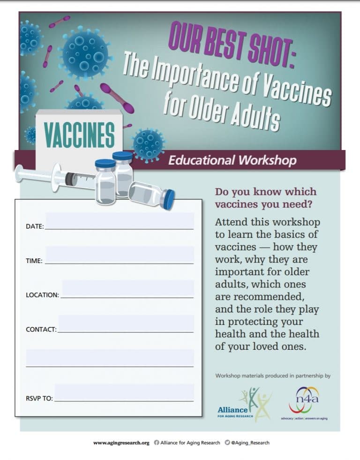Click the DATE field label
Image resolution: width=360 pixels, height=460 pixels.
[x=35, y=226]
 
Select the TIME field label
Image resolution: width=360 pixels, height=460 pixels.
[x=34, y=261]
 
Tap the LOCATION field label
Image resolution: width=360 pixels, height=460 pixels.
[x=42, y=295]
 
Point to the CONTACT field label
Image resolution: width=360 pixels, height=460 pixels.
[x=41, y=330]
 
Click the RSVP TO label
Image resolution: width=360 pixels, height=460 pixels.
[x=39, y=399]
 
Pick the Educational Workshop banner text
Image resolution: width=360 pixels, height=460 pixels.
[x=232, y=160]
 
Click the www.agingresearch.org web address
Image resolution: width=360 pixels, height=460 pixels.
[x=121, y=442]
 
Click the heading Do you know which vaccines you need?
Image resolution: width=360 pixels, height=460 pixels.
[x=265, y=198]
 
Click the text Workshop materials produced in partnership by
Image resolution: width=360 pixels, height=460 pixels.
[x=273, y=376]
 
